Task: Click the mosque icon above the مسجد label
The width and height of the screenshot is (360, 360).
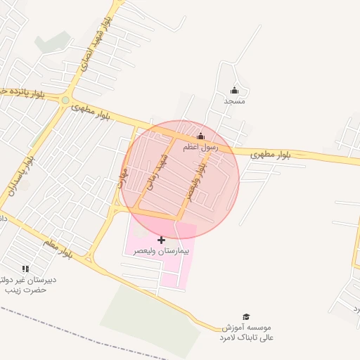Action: (234, 91)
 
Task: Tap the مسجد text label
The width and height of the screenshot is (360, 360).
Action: (234, 101)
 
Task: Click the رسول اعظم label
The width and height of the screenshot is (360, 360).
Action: (201, 147)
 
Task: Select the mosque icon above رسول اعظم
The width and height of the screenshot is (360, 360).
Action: (200, 136)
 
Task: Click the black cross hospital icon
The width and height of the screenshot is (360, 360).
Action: (161, 240)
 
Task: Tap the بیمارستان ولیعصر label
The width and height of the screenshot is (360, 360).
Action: (161, 250)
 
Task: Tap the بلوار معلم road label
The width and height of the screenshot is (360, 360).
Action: (57, 246)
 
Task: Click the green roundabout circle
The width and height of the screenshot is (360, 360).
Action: (65, 101)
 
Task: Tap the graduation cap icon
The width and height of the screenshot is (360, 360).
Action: (246, 317)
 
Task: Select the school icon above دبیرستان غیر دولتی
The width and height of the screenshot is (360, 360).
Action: (26, 269)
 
